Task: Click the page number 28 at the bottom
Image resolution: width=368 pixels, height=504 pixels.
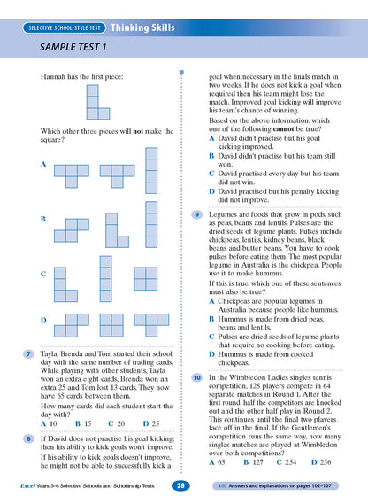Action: pyautogui.click(x=180, y=485)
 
